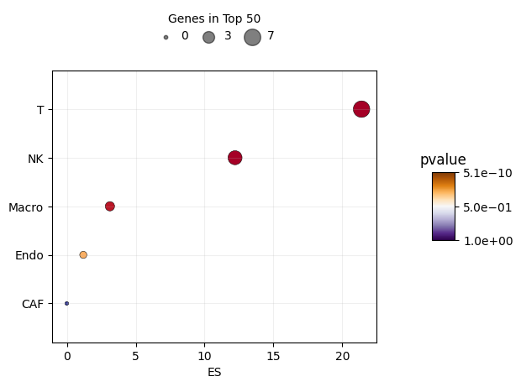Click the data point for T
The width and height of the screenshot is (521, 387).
point(361,109)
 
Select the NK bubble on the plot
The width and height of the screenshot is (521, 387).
point(234,158)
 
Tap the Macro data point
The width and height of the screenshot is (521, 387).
point(110,207)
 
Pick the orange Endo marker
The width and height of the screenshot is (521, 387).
point(83,255)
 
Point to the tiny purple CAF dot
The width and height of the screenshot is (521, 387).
point(66,303)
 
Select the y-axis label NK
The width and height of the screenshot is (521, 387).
point(35,158)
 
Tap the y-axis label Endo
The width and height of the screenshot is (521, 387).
point(29,255)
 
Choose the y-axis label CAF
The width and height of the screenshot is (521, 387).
point(32,304)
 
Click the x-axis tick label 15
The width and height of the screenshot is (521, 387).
point(273,357)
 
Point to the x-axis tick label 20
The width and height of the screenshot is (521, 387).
point(342,357)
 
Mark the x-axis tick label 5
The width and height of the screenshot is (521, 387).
point(135,357)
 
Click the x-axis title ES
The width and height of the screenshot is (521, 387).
point(214,372)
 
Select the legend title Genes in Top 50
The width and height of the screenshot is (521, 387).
point(214,18)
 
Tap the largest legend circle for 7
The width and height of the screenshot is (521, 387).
point(252,37)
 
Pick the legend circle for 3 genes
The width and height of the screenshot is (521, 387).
point(208,37)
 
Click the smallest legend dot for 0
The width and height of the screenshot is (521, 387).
point(166,37)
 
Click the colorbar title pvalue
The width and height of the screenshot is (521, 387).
point(443,160)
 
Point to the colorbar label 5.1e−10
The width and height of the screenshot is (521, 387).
point(487,173)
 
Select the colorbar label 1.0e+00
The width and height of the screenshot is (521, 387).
point(487,241)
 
